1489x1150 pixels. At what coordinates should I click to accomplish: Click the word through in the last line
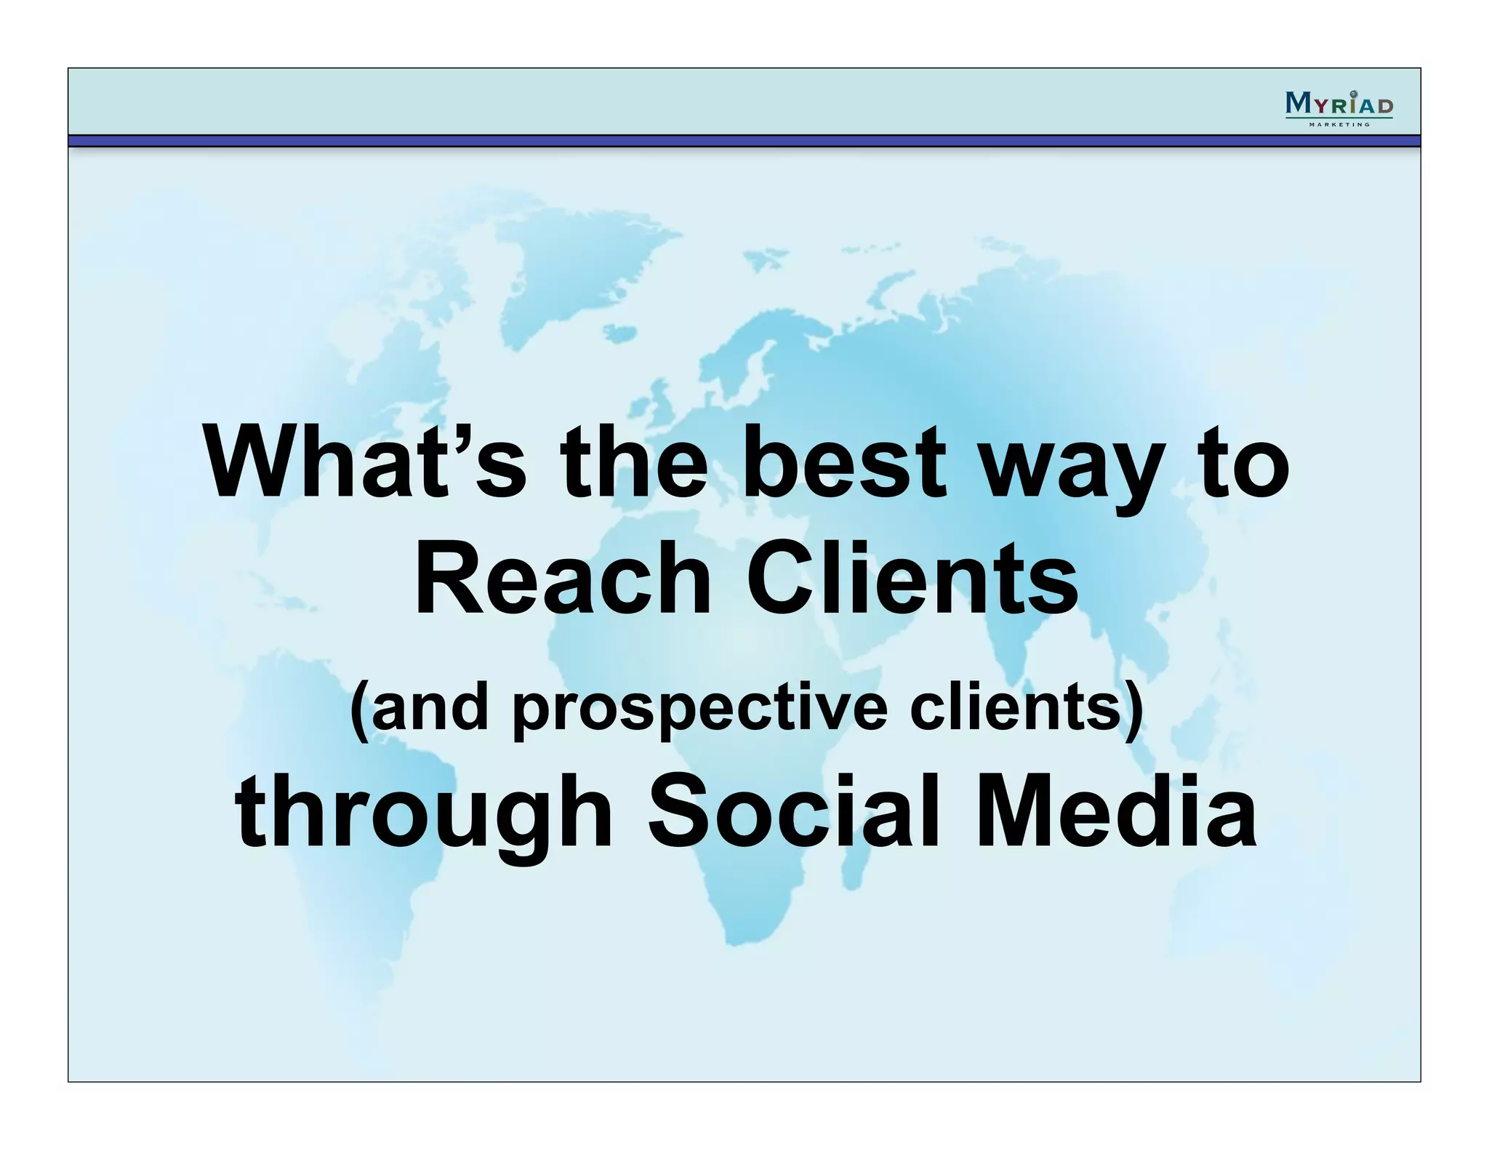[424, 814]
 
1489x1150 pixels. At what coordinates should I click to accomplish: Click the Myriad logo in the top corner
[1339, 105]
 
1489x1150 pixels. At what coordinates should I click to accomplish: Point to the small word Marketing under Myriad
[1339, 124]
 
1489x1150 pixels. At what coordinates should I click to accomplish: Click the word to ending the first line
[1244, 463]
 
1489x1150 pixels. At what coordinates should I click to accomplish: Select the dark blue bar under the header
[744, 140]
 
